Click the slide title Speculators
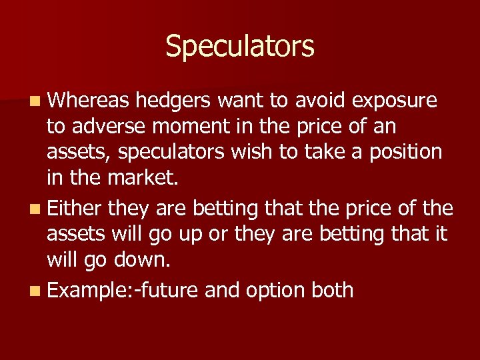coord(239,47)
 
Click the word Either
coord(74,209)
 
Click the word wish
coord(253,153)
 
